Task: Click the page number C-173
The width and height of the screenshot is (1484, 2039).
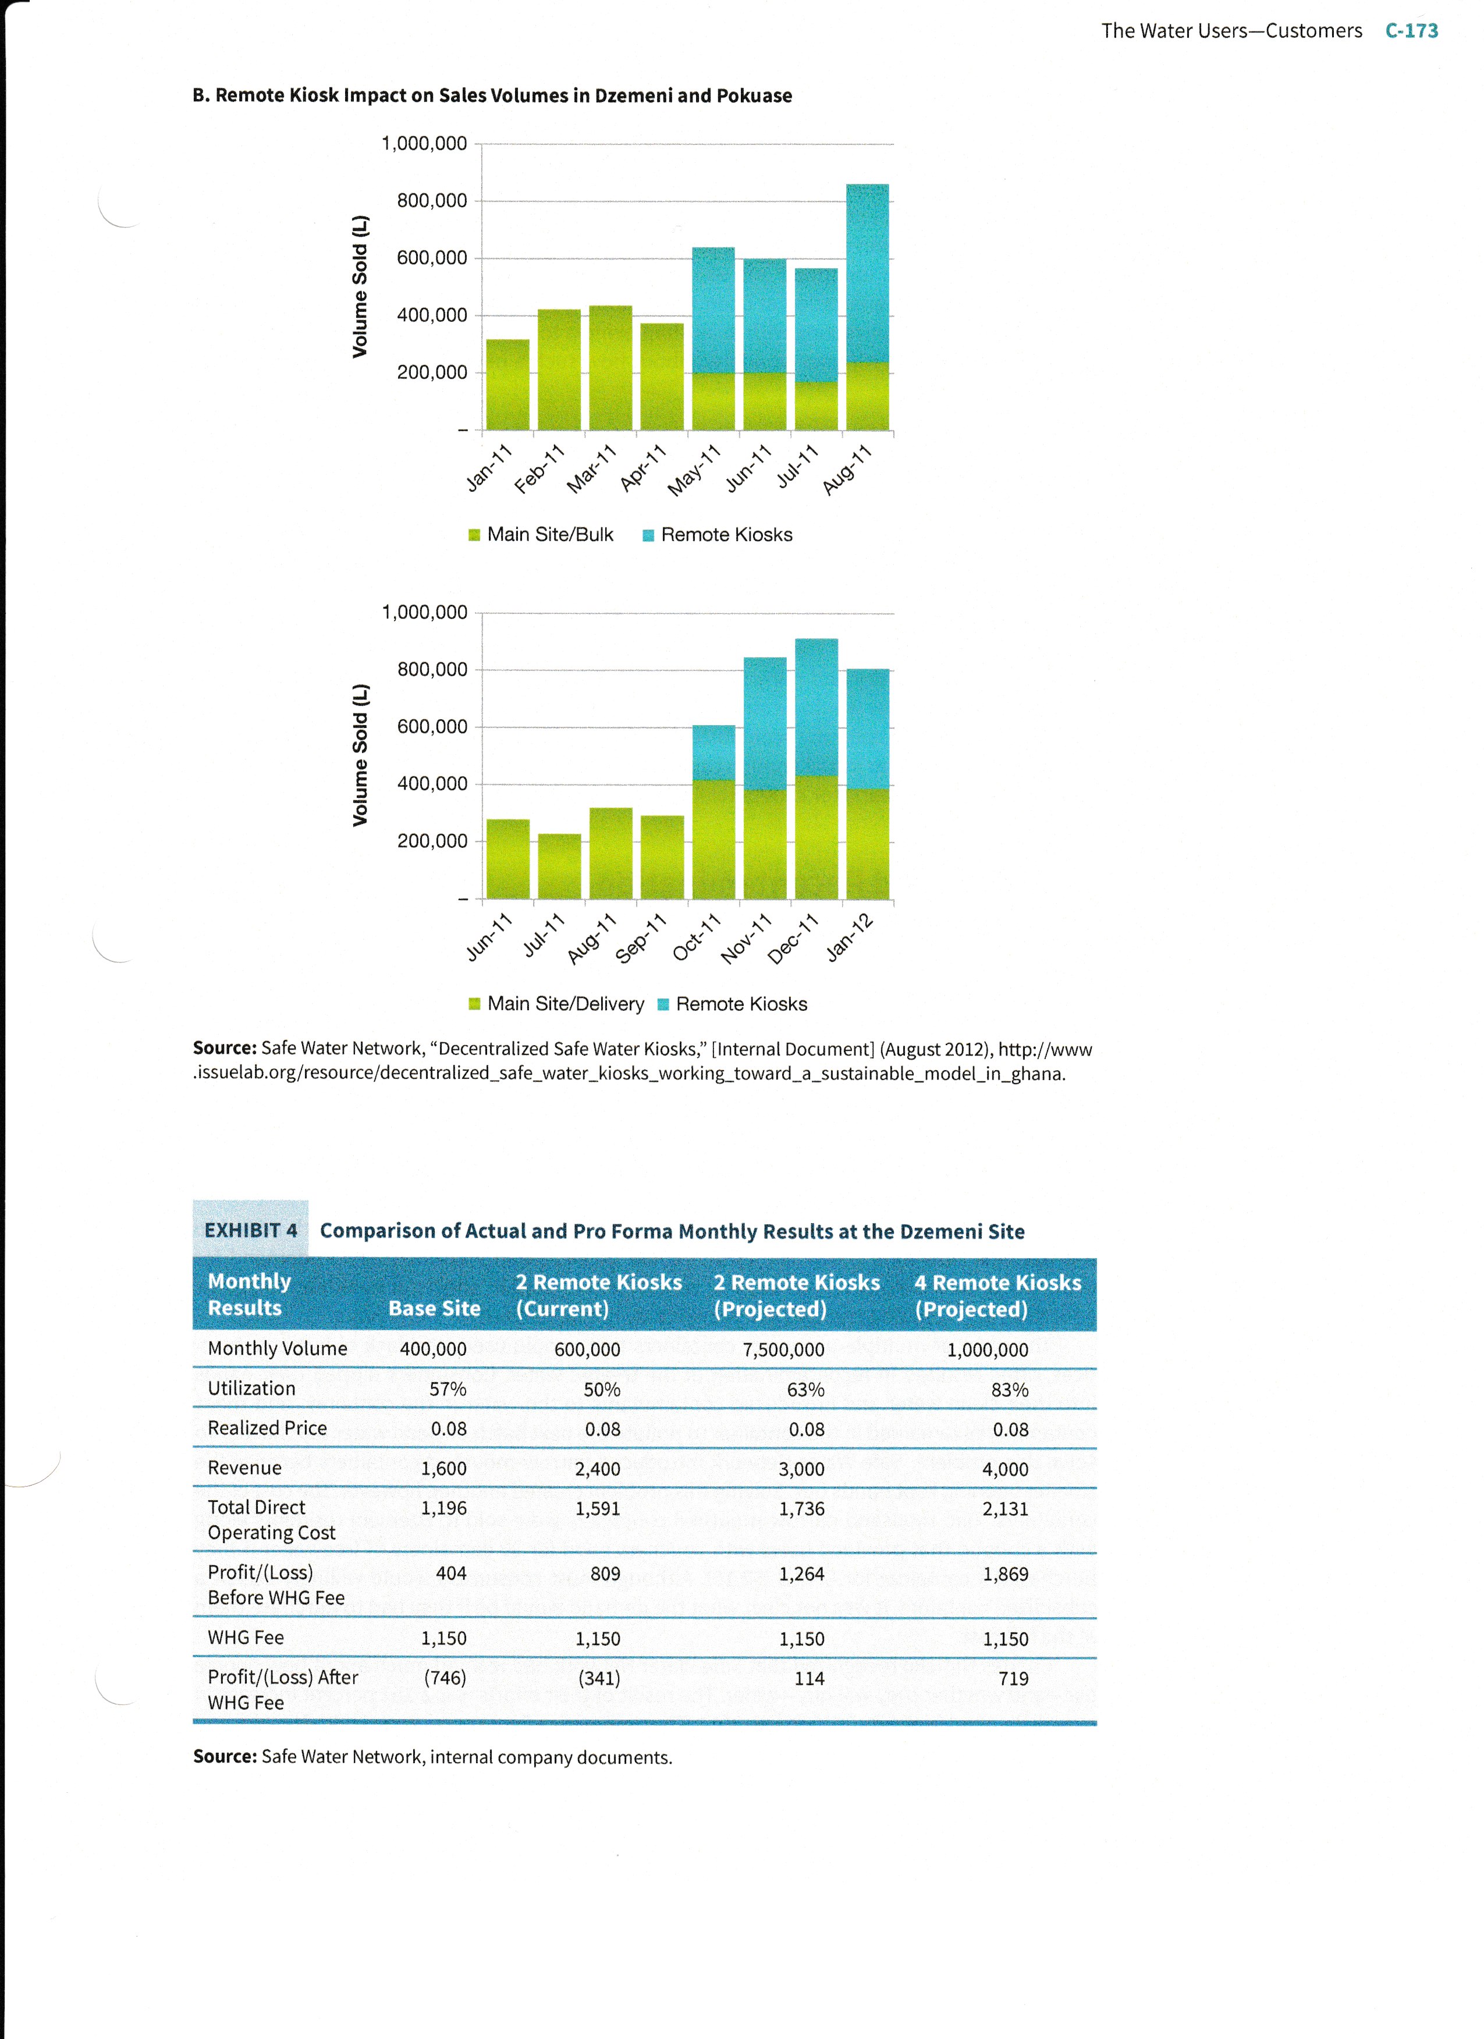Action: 1411,31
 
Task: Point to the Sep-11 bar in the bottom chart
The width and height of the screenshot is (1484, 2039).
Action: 662,857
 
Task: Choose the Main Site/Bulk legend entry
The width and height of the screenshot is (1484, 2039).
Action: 541,535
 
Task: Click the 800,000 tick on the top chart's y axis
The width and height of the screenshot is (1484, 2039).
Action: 432,201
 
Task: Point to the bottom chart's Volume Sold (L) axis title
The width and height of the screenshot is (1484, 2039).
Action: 360,755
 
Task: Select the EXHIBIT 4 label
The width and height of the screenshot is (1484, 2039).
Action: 250,1230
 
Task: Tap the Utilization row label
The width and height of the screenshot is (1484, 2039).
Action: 251,1388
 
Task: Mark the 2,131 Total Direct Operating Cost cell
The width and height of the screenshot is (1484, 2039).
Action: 1005,1508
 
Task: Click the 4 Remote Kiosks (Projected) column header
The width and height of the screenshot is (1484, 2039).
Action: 997,1295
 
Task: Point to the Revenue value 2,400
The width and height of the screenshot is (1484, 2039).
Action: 598,1469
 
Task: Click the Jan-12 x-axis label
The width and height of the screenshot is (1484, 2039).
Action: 850,937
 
